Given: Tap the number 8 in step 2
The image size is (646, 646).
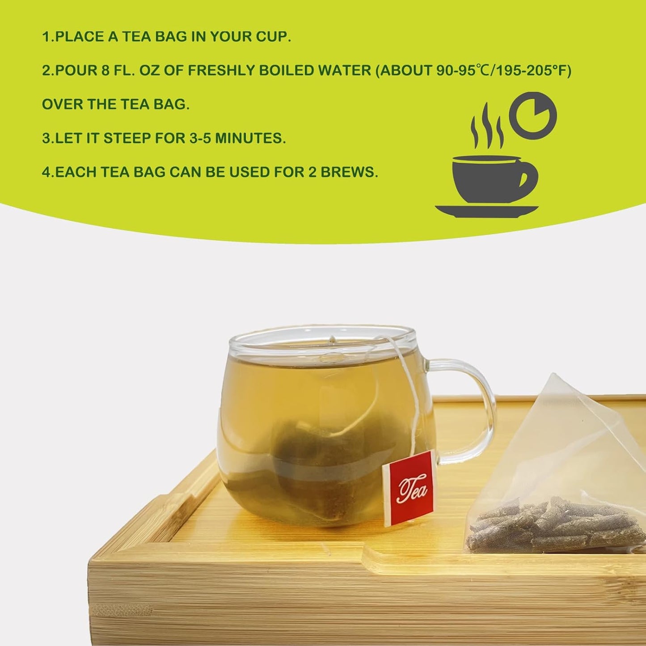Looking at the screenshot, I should (105, 71).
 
